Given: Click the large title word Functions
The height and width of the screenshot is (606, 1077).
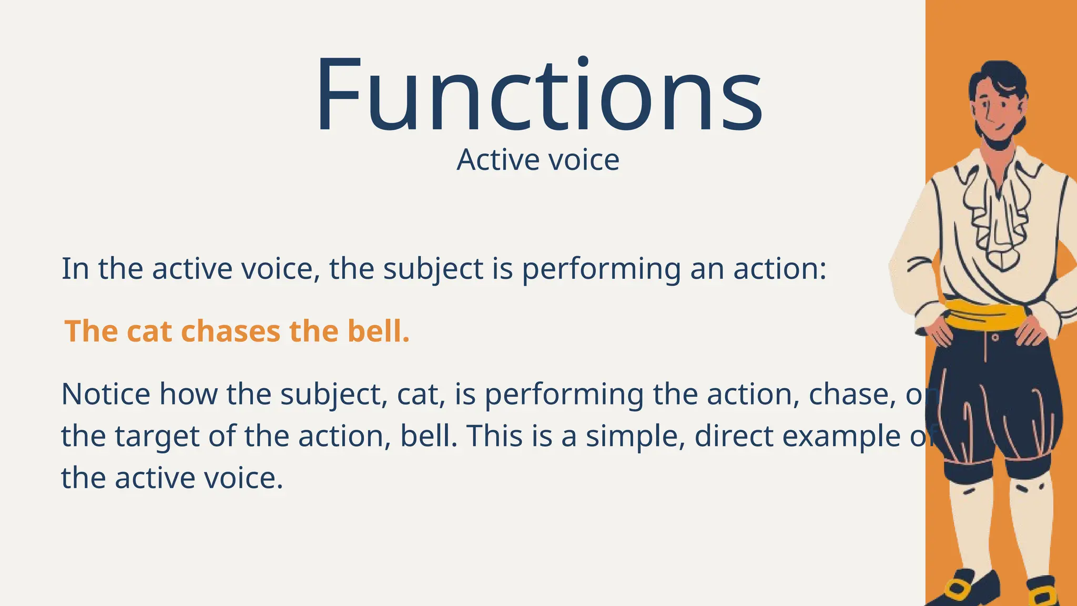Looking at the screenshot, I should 538,95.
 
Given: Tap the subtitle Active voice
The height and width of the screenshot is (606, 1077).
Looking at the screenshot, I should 538,160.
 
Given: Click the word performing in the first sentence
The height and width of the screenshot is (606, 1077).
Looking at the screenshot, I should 601,269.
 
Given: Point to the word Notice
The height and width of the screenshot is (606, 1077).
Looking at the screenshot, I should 106,394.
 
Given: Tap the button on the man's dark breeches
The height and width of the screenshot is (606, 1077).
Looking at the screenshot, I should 995,337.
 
